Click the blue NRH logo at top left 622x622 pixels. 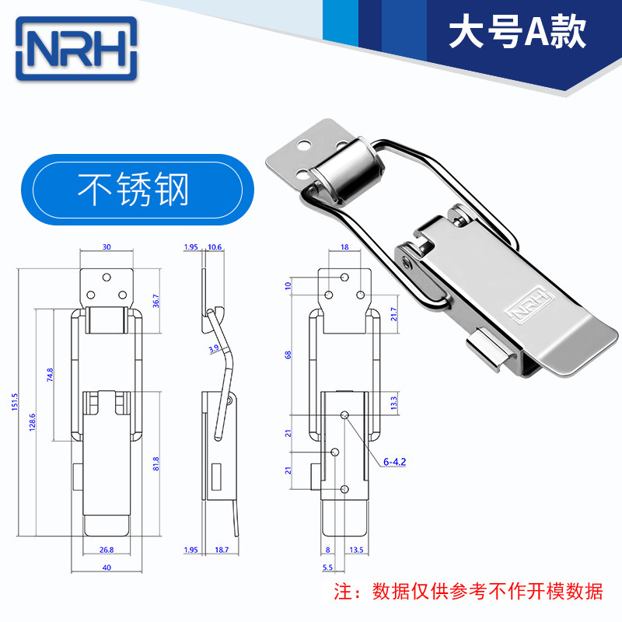tap(76, 48)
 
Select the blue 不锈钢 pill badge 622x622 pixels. tap(138, 190)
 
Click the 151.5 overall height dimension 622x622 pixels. tap(15, 402)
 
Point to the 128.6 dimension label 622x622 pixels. tap(33, 422)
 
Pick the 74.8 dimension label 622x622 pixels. tap(50, 375)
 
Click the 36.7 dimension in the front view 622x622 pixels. tap(156, 301)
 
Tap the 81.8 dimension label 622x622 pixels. tap(156, 463)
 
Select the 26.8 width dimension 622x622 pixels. tap(107, 550)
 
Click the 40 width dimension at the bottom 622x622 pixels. tap(107, 568)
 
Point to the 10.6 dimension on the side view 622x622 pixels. tap(215, 247)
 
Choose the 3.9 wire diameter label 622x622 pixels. tap(214, 348)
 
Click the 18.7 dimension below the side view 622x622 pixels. tap(222, 550)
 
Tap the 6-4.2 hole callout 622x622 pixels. tap(394, 462)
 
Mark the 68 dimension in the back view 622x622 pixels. tap(288, 355)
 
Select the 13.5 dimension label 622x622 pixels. tap(356, 550)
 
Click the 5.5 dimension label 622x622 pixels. tap(327, 568)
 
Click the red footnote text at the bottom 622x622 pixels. tap(468, 591)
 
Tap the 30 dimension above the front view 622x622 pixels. tap(107, 247)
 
